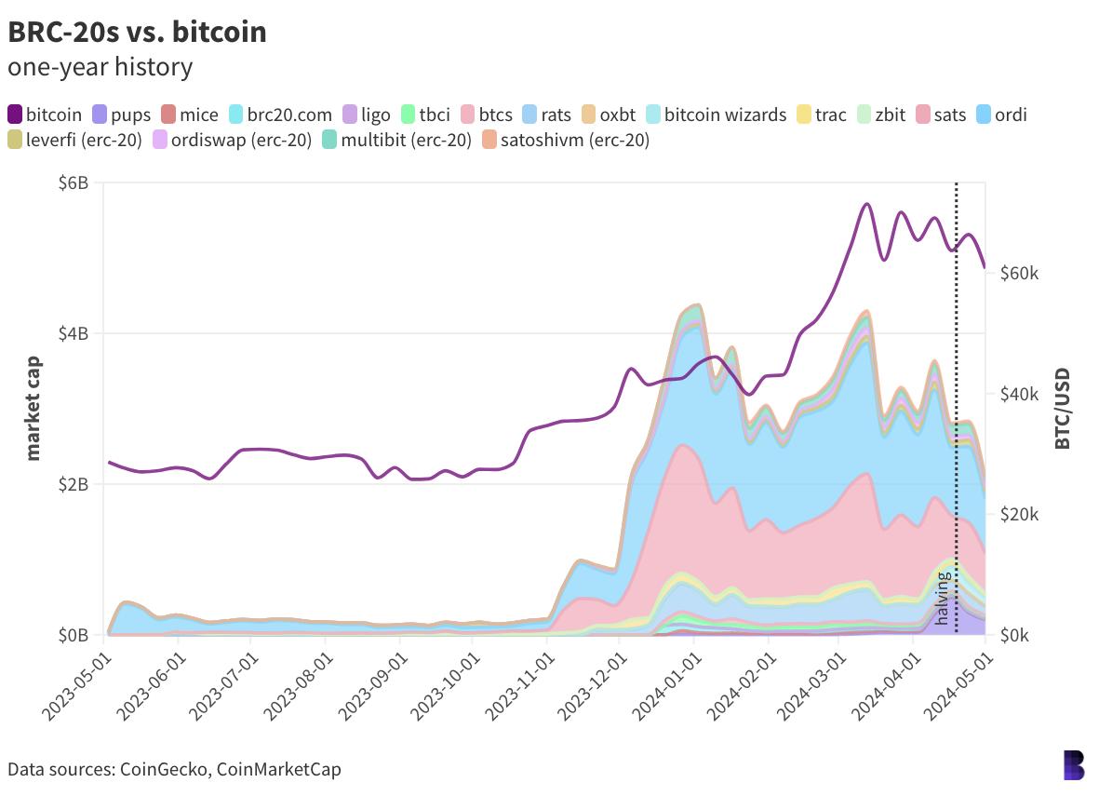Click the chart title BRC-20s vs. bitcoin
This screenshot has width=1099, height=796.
(137, 32)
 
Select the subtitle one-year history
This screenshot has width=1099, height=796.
(100, 67)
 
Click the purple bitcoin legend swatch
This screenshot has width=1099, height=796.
(15, 115)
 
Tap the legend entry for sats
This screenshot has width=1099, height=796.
(941, 115)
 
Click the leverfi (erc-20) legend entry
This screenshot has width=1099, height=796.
(74, 141)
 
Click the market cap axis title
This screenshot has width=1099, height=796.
(34, 408)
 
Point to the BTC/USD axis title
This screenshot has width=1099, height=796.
(1063, 408)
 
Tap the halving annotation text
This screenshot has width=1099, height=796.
(942, 598)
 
